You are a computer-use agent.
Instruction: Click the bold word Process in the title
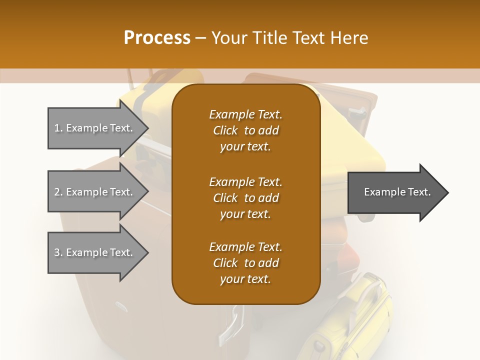157,38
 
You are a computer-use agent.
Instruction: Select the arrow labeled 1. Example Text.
95,128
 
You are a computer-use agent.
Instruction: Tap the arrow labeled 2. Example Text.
95,192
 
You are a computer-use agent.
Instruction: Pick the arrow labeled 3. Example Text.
95,252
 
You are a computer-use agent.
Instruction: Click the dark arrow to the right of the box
395,192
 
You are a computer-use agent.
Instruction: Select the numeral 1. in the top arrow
58,128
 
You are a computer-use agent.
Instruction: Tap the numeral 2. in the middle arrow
58,192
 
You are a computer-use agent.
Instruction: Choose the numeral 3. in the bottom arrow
58,252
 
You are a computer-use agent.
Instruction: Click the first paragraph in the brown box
245,130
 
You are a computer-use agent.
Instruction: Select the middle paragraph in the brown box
245,197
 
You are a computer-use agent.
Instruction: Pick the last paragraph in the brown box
245,263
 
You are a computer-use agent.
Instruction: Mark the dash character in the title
200,38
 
